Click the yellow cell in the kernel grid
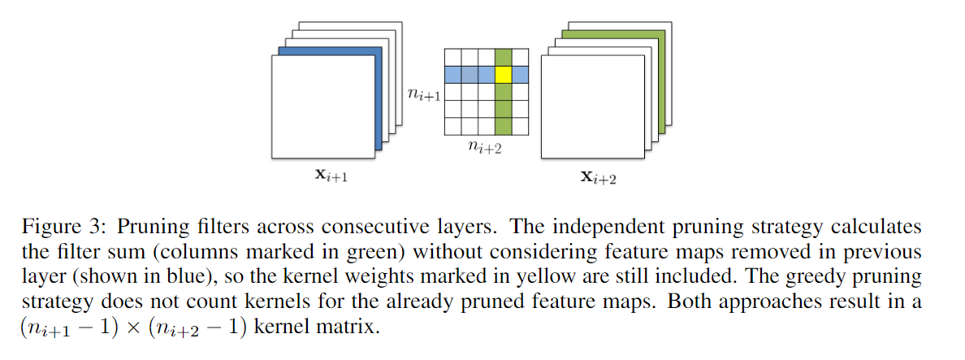click(504, 74)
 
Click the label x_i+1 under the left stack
click(332, 177)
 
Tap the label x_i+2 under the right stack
click(598, 178)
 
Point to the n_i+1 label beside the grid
click(424, 96)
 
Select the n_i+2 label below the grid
click(486, 148)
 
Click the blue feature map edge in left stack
click(377, 98)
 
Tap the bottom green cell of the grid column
click(504, 126)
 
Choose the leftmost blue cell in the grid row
click(452, 74)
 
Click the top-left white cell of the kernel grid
click(452, 57)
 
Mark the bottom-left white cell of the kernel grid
click(452, 126)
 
